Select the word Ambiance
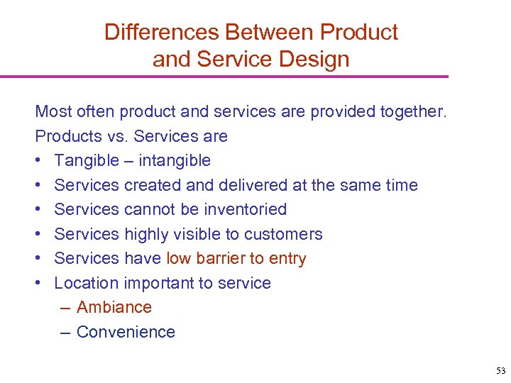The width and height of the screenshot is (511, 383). tap(114, 308)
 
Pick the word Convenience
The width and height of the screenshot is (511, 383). tap(126, 332)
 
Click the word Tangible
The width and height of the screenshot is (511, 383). tap(87, 161)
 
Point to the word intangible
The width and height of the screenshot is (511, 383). tap(175, 161)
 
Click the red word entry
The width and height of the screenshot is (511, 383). tap(286, 259)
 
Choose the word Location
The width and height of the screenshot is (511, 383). tap(87, 283)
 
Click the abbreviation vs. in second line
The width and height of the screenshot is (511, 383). tap(116, 136)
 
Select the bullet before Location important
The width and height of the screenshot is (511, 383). tap(40, 284)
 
